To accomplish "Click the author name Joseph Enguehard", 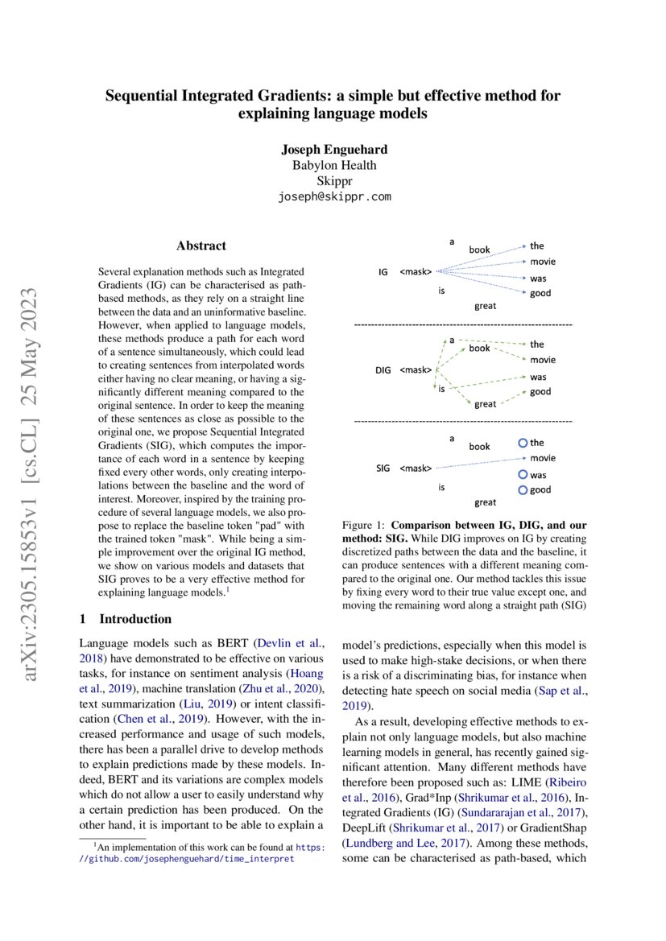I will (x=333, y=151).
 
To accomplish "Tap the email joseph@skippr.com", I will (x=333, y=196).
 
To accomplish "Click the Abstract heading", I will (x=201, y=246).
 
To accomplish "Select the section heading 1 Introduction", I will (x=126, y=619).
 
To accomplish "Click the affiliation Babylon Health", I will (x=333, y=166).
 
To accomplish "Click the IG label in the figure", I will (x=383, y=273).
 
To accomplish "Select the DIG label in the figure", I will (x=383, y=370).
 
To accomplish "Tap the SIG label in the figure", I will (x=383, y=468).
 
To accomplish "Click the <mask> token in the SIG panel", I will (x=416, y=468).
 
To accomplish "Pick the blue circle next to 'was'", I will (x=523, y=475).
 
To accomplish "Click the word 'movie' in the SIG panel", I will (x=542, y=458).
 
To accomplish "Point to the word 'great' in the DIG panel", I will (x=485, y=404).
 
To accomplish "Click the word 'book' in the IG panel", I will (x=479, y=250).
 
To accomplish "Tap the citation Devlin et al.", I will (x=291, y=643).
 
